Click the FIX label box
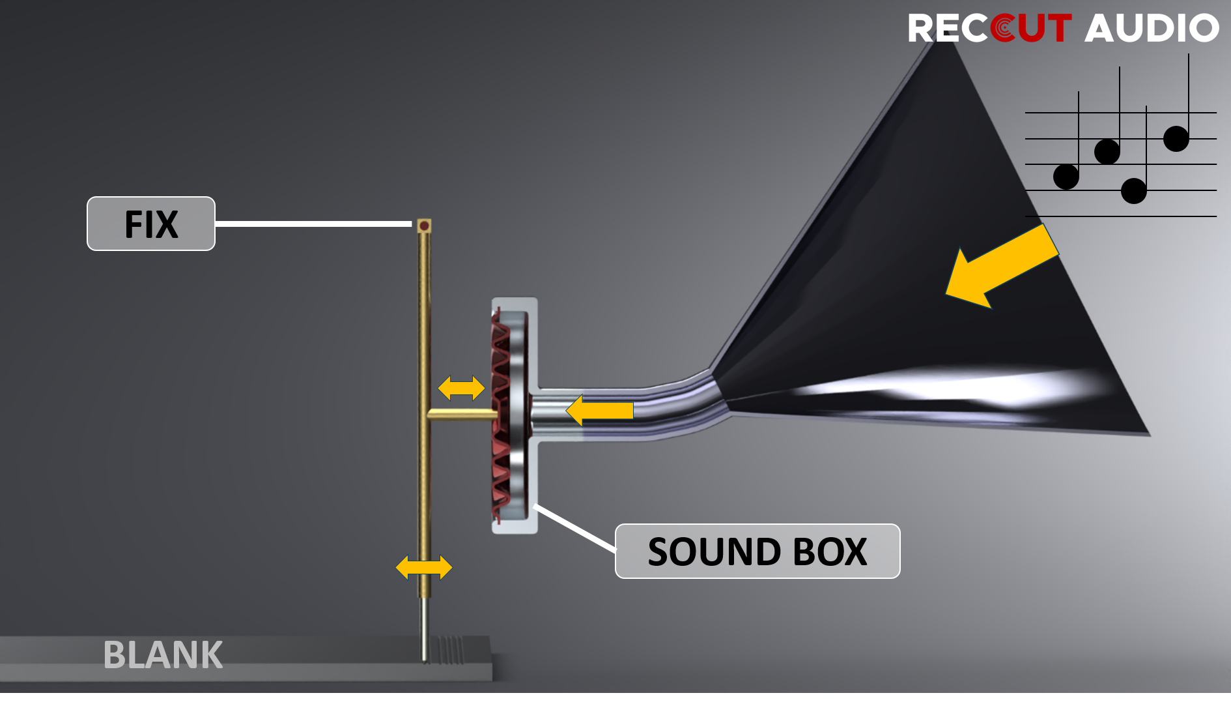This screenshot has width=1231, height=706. tap(151, 224)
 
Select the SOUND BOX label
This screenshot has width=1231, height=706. tap(757, 552)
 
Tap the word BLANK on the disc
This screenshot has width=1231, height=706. tap(163, 655)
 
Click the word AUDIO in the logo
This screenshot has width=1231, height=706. tap(1151, 28)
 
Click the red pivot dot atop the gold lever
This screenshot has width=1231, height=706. tap(424, 226)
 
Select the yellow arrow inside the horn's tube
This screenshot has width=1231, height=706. tap(599, 411)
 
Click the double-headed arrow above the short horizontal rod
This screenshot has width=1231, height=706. tap(461, 388)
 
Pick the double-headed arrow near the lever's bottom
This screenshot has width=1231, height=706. tap(424, 567)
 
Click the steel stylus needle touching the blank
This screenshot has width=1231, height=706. tap(424, 629)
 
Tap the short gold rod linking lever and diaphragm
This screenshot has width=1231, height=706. tap(461, 414)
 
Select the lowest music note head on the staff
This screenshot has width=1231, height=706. tap(1133, 191)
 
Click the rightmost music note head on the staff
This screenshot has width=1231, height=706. tap(1176, 139)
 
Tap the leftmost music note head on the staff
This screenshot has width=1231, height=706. tap(1066, 177)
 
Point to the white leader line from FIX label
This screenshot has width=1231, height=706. tap(313, 224)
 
